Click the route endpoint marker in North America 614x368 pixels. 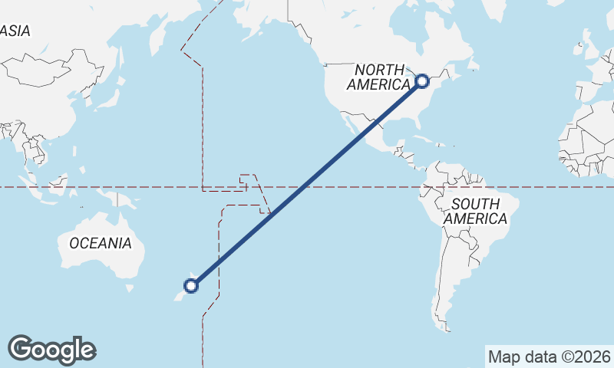pos(421,80)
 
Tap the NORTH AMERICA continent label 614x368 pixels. pos(378,77)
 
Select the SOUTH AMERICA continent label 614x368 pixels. pos(476,211)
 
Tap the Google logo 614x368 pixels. pos(51,349)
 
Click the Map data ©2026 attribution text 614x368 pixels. pos(549,356)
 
